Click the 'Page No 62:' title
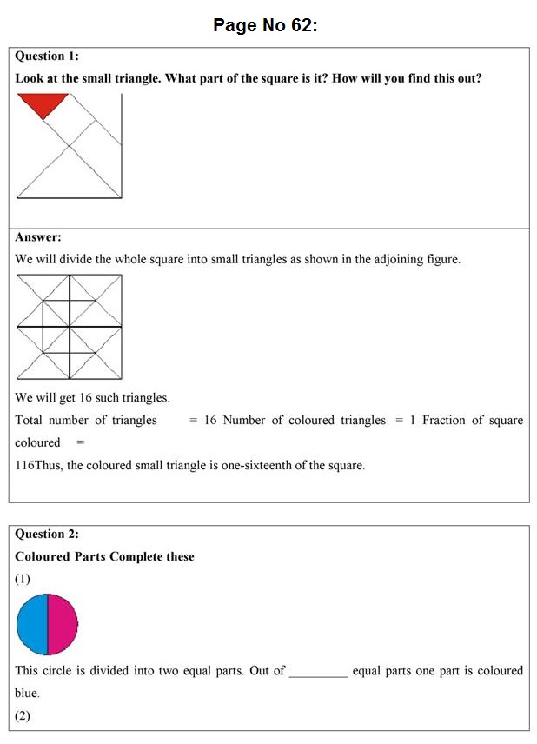coord(266,25)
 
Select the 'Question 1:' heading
coord(47,56)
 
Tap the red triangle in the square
coord(43,103)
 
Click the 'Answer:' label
coord(38,236)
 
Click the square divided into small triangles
coord(70,327)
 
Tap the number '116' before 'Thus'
coord(24,466)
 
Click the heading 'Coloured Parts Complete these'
coord(104,556)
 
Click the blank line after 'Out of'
coord(318,672)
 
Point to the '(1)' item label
coord(23,579)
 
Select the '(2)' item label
coord(23,716)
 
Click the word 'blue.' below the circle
coord(28,694)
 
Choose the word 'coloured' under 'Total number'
coord(37,443)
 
